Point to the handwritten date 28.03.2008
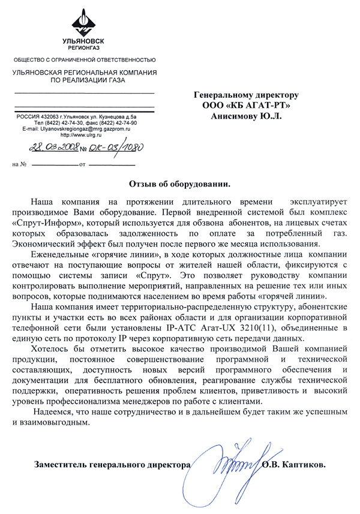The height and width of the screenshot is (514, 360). point(52,148)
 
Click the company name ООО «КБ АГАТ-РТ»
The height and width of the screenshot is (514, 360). point(246,106)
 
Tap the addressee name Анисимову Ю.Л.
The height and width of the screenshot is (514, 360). point(246,116)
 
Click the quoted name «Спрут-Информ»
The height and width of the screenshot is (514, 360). point(45,223)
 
